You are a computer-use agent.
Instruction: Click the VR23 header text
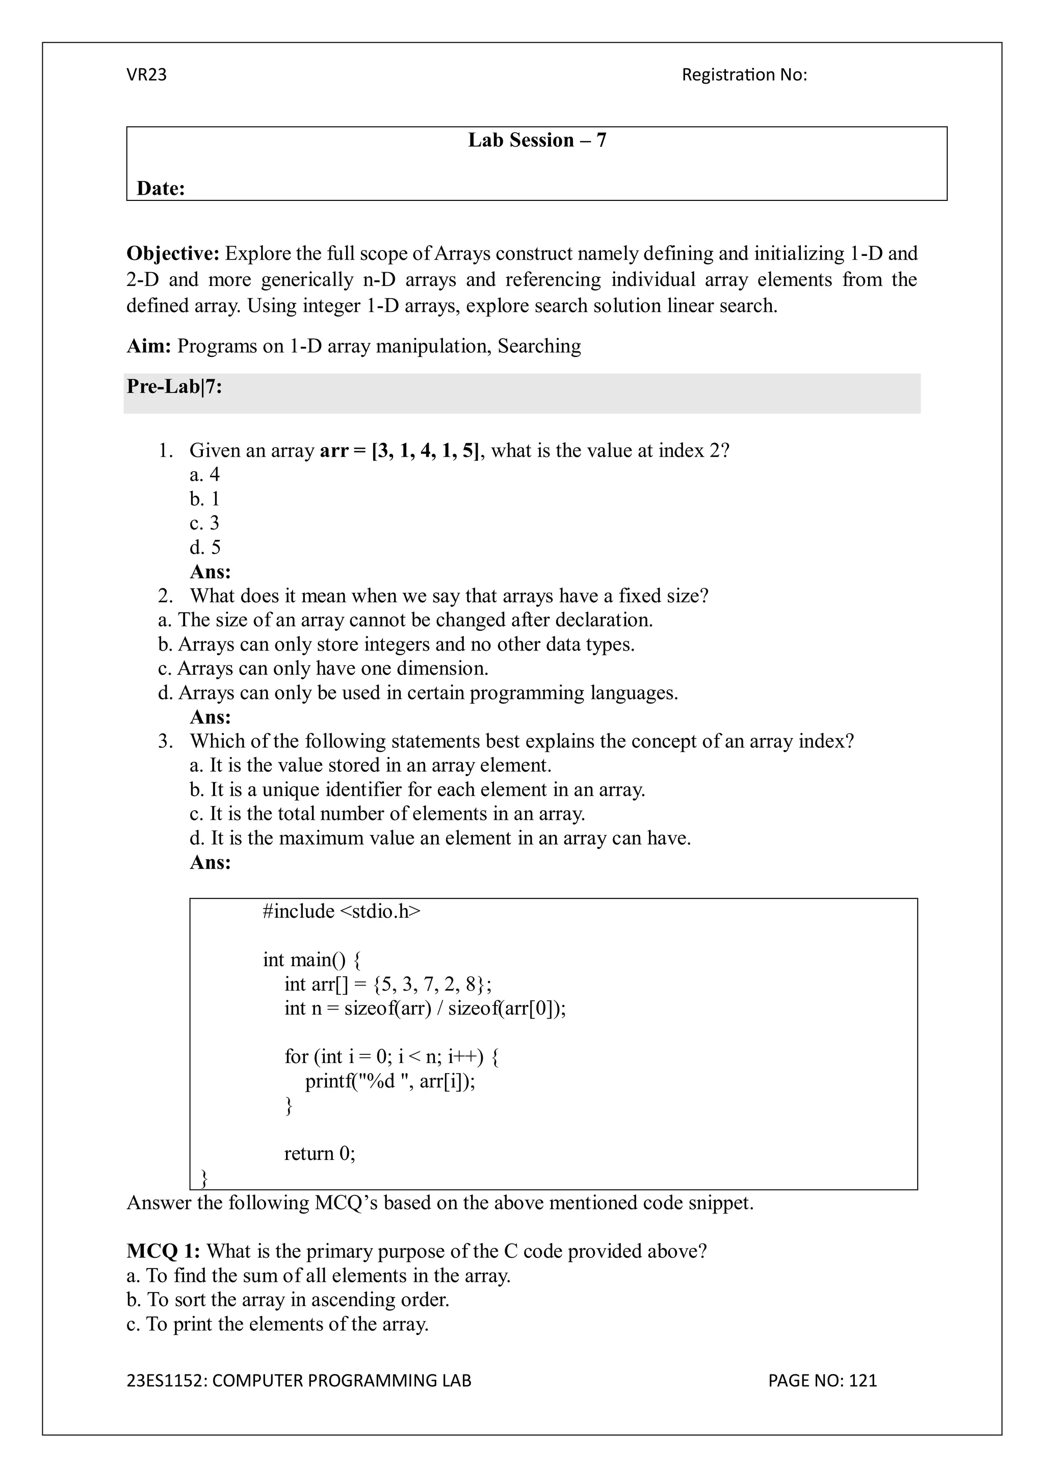pyautogui.click(x=147, y=75)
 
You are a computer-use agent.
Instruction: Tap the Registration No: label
pyautogui.click(x=744, y=75)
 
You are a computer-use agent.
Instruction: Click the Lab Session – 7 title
pyautogui.click(x=536, y=140)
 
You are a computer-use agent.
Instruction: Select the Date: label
pyautogui.click(x=161, y=189)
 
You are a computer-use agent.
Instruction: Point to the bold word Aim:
pyautogui.click(x=148, y=346)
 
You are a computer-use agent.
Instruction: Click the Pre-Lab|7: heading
pyautogui.click(x=174, y=386)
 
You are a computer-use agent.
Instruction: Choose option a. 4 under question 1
pyautogui.click(x=204, y=475)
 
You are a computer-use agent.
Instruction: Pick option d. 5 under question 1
pyautogui.click(x=205, y=548)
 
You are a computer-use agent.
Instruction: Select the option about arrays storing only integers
pyautogui.click(x=396, y=644)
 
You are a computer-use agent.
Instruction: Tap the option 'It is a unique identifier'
pyautogui.click(x=417, y=789)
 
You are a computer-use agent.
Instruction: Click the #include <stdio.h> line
pyautogui.click(x=341, y=912)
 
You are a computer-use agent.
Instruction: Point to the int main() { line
pyautogui.click(x=312, y=960)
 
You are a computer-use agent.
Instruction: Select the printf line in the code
pyautogui.click(x=390, y=1081)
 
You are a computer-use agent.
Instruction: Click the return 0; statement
pyautogui.click(x=320, y=1153)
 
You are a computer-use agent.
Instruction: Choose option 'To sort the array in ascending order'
pyautogui.click(x=288, y=1300)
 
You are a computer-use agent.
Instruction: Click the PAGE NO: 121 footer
pyautogui.click(x=822, y=1381)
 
